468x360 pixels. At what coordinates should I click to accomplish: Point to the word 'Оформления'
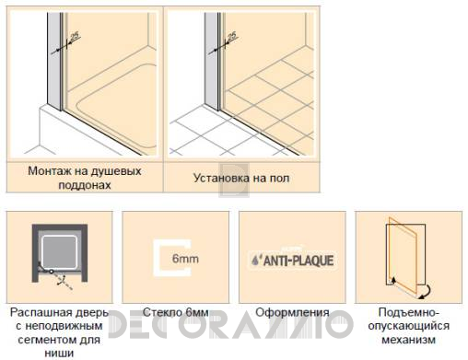pyautogui.click(x=292, y=312)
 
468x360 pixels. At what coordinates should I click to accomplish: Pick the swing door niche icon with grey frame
pyautogui.click(x=58, y=250)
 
